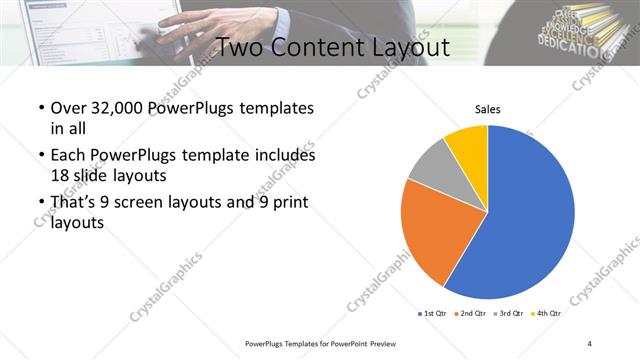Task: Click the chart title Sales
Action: click(487, 110)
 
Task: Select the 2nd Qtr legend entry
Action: click(473, 314)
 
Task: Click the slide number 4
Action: click(590, 343)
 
